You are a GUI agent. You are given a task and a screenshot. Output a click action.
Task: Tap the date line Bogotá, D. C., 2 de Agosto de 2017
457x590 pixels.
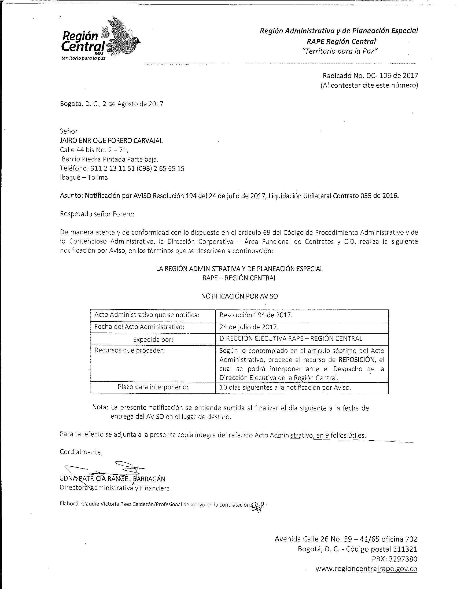pyautogui.click(x=112, y=104)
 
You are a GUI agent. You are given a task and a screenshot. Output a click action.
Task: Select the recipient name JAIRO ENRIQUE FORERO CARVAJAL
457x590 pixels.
pyautogui.click(x=111, y=141)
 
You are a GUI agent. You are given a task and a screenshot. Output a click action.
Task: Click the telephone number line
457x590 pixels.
pyautogui.click(x=122, y=169)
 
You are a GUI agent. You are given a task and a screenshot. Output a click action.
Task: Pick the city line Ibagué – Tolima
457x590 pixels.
pyautogui.click(x=84, y=178)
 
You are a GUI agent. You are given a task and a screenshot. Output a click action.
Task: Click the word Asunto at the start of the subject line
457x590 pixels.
pyautogui.click(x=71, y=196)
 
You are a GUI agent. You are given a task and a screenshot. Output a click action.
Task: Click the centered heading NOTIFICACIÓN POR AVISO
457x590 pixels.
pyautogui.click(x=239, y=296)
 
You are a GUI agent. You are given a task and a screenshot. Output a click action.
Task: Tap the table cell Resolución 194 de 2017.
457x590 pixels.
pyautogui.click(x=256, y=315)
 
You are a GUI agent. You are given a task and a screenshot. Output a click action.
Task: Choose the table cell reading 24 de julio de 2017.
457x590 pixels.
pyautogui.click(x=249, y=327)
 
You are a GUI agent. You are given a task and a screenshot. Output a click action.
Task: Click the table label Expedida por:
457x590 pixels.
pyautogui.click(x=153, y=340)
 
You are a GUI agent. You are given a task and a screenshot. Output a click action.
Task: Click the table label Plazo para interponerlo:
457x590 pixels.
pyautogui.click(x=153, y=387)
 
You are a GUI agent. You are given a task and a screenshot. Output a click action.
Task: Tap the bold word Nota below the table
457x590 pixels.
pyautogui.click(x=100, y=407)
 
